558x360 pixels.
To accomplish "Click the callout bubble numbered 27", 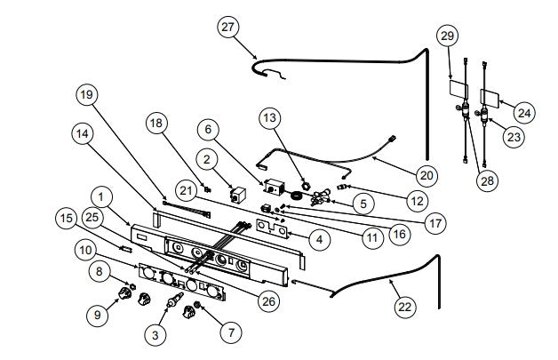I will tap(229, 28).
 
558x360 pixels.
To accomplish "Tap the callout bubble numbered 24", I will tap(524, 112).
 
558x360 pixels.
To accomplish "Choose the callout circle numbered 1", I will tap(103, 196).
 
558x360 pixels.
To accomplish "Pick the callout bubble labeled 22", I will tap(404, 306).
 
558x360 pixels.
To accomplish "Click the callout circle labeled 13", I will tap(272, 116).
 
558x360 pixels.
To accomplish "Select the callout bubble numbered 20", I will tap(427, 175).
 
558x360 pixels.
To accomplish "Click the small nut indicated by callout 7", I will tap(199, 306).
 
